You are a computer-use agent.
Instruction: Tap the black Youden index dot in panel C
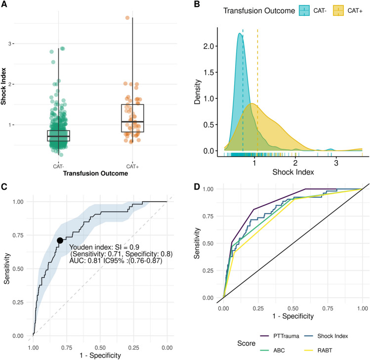pos(60,240)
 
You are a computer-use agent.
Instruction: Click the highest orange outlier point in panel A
pos(127,18)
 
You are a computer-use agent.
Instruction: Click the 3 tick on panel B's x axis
pos(336,163)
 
